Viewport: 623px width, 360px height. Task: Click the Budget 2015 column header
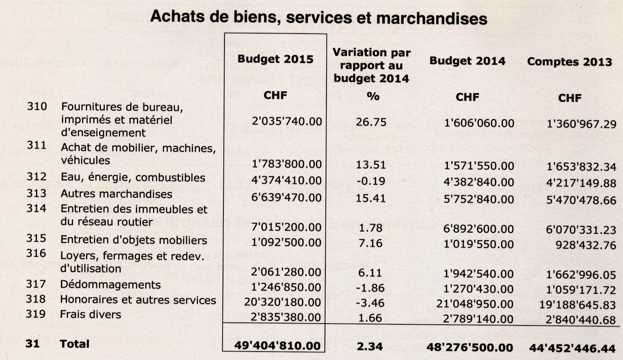pos(275,59)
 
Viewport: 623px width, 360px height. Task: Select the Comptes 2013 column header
pos(569,62)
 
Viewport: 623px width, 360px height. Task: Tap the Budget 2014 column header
pos(467,61)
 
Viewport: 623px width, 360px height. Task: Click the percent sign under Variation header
pos(373,96)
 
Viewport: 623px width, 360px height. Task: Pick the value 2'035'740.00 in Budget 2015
pos(287,121)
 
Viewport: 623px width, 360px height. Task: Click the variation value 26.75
pos(371,122)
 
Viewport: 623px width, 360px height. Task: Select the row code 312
pos(36,177)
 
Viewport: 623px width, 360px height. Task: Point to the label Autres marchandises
pos(116,194)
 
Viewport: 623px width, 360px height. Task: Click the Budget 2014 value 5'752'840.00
pos(479,199)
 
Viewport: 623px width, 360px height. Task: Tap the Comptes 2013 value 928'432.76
pos(586,245)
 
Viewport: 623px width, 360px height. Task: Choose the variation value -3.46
pos(370,303)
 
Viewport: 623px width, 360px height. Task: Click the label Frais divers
pos(91,314)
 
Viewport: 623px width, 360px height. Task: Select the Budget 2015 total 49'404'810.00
pos(277,345)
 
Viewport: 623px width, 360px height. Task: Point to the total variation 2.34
pos(370,346)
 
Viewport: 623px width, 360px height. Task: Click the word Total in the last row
pos(74,344)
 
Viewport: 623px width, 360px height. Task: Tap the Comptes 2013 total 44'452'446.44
pos(572,348)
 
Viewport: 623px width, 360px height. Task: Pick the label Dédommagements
pos(110,285)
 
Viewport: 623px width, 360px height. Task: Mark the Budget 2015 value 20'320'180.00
pos(282,302)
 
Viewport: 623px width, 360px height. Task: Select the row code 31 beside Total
pos(32,344)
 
